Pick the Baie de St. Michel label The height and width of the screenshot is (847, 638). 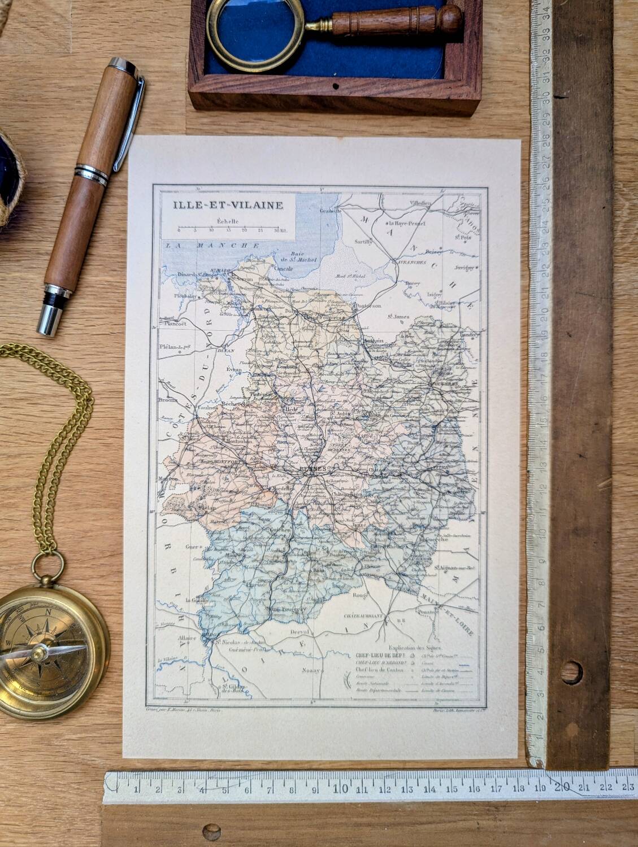tap(303, 256)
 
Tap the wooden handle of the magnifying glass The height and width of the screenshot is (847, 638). tap(396, 23)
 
